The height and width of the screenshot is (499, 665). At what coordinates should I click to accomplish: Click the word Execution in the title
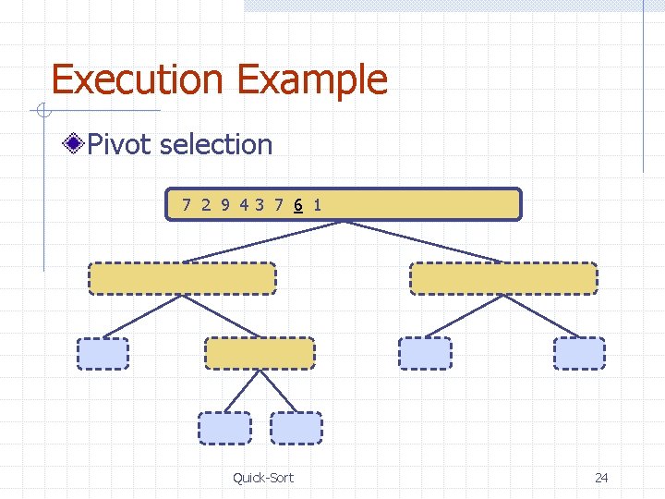click(x=139, y=79)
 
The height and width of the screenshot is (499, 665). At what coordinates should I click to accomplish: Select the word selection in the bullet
click(x=216, y=144)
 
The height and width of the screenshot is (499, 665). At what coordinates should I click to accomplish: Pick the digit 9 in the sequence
click(x=224, y=204)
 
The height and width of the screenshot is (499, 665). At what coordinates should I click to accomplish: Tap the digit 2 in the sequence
click(x=206, y=204)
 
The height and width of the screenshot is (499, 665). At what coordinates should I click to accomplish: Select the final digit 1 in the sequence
click(x=317, y=204)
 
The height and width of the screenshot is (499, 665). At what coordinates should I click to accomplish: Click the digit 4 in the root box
click(x=244, y=204)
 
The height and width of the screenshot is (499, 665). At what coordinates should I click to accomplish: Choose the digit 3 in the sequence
click(x=260, y=204)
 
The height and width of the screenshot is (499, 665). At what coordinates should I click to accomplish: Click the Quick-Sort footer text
click(x=263, y=477)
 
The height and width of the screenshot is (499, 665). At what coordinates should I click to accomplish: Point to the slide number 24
click(x=601, y=477)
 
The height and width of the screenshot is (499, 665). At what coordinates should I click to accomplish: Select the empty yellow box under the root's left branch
click(x=182, y=278)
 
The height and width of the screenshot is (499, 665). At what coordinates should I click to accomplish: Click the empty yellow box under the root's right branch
click(x=503, y=278)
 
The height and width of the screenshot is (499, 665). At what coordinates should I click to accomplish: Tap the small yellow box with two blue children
click(x=260, y=353)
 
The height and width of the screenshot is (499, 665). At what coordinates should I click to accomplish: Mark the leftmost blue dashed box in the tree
click(x=103, y=353)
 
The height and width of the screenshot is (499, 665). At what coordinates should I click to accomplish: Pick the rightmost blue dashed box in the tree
click(x=579, y=353)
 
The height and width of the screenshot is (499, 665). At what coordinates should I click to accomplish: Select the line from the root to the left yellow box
click(x=263, y=241)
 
